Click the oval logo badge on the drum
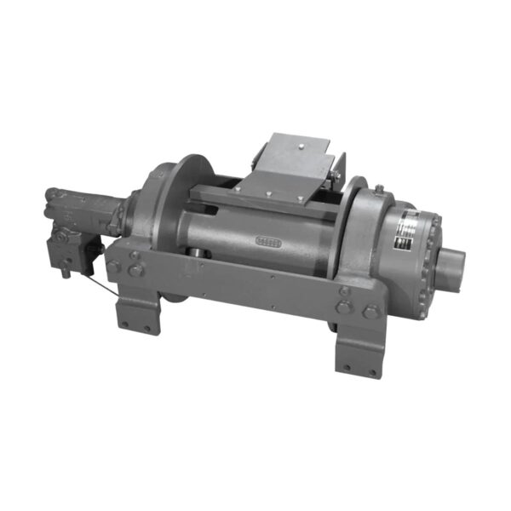pos(268,241)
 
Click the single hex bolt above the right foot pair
pos(345,290)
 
